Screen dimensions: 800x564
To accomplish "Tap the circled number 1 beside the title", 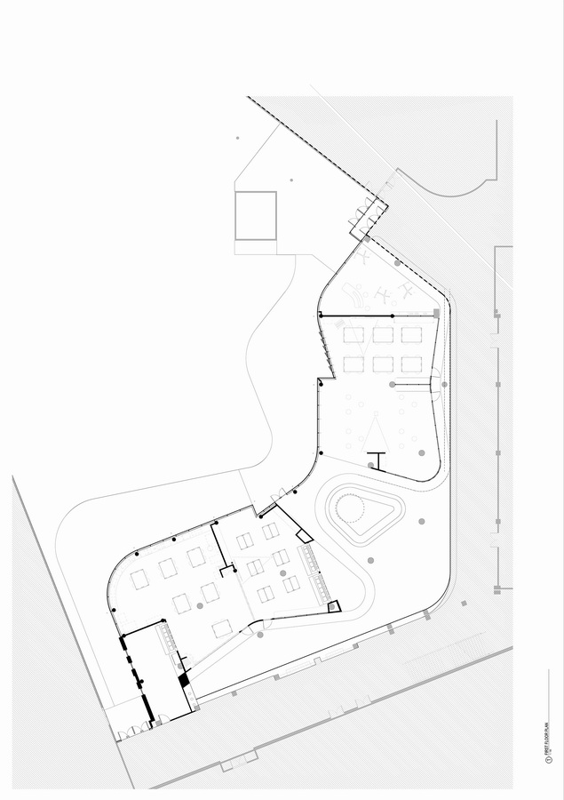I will [550, 761].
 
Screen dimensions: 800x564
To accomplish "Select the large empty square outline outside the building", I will [256, 215].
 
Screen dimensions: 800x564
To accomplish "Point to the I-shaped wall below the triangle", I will [376, 460].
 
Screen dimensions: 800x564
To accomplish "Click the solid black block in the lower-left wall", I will [184, 680].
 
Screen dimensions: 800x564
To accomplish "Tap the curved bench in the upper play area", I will [355, 292].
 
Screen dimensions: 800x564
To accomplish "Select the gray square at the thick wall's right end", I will [436, 314].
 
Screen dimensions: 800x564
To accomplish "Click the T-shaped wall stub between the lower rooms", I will [226, 566].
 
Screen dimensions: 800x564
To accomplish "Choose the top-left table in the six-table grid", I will [353, 335].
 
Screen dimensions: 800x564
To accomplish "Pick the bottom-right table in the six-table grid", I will [411, 364].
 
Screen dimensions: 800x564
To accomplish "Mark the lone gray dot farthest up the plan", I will [237, 138].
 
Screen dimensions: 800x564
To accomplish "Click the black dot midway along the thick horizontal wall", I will [392, 316].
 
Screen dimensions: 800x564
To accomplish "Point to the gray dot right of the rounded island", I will [422, 522].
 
